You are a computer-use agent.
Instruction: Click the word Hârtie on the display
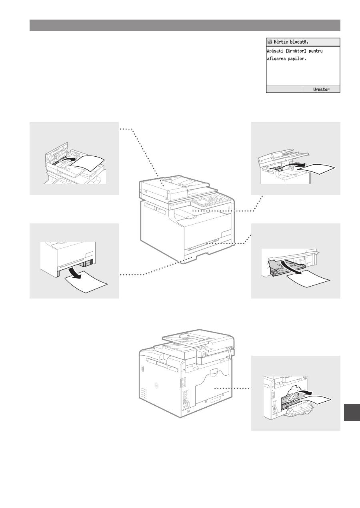(x=280, y=42)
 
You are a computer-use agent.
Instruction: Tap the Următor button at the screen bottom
(x=321, y=90)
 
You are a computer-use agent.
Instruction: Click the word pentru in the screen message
(x=316, y=51)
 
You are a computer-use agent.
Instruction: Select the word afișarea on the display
(x=276, y=59)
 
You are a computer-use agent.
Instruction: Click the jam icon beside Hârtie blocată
(x=270, y=42)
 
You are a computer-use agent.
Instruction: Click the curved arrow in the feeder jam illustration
(x=66, y=160)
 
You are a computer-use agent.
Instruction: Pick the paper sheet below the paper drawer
(x=86, y=282)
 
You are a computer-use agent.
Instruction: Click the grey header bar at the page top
(x=185, y=25)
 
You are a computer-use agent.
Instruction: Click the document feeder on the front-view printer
(x=175, y=187)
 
